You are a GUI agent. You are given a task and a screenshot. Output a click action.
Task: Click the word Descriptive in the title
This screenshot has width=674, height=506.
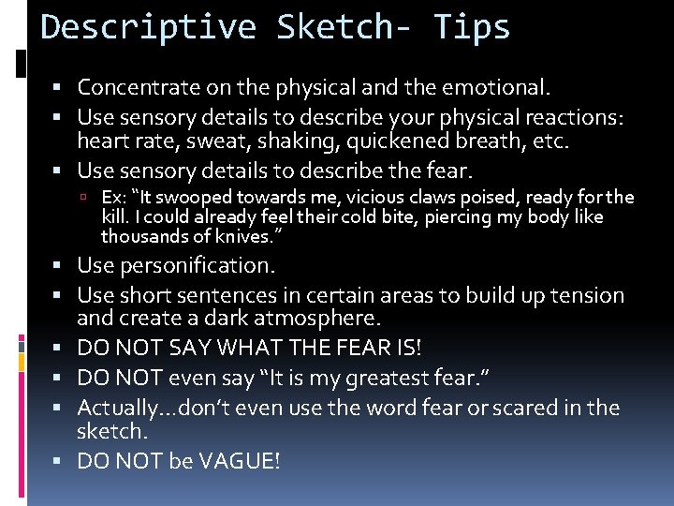(x=149, y=27)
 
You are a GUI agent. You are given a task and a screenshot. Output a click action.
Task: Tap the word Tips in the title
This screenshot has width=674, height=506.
(x=473, y=27)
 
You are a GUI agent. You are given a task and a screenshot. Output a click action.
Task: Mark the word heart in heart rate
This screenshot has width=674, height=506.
(x=101, y=142)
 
